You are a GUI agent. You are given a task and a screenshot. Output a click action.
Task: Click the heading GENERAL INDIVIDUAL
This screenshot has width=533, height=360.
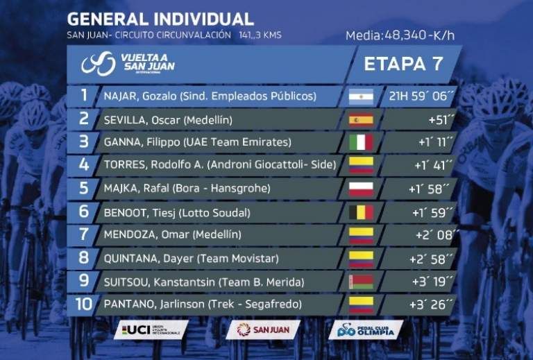pyautogui.click(x=160, y=17)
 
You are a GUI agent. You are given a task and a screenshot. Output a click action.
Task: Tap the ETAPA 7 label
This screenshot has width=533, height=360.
pyautogui.click(x=403, y=64)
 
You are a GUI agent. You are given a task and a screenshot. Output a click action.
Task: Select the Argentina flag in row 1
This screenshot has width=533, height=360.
pyautogui.click(x=361, y=96)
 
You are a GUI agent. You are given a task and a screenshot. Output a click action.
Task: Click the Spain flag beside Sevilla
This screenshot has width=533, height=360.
pyautogui.click(x=361, y=119)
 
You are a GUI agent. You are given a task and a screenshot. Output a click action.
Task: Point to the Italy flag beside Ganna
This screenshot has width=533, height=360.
pyautogui.click(x=361, y=143)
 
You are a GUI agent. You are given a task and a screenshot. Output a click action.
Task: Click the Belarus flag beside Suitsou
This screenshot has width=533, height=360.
pyautogui.click(x=361, y=282)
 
